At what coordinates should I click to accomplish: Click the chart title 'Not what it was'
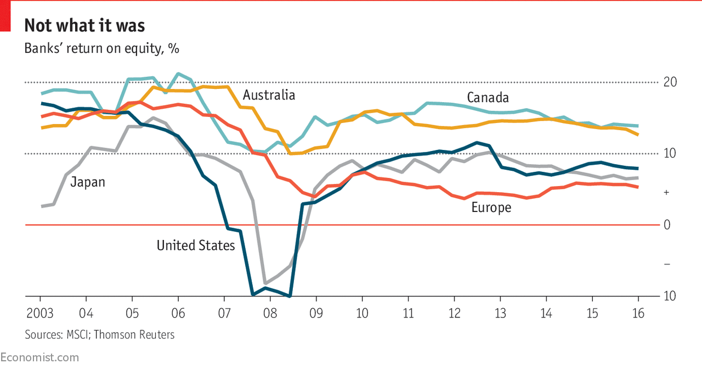84,26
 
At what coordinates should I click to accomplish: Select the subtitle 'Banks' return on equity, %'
101,48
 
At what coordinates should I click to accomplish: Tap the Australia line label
269,95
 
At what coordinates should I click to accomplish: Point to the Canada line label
488,98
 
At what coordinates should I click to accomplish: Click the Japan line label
88,182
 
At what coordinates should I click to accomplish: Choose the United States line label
196,245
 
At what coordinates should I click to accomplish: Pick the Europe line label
491,208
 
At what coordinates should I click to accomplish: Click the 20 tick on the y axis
670,82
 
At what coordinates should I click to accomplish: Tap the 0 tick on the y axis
666,225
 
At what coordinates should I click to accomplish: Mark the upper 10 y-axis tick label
670,154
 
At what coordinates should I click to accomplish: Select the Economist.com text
39,357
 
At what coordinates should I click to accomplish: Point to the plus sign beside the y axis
666,193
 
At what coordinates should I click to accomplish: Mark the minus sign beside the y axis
666,265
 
